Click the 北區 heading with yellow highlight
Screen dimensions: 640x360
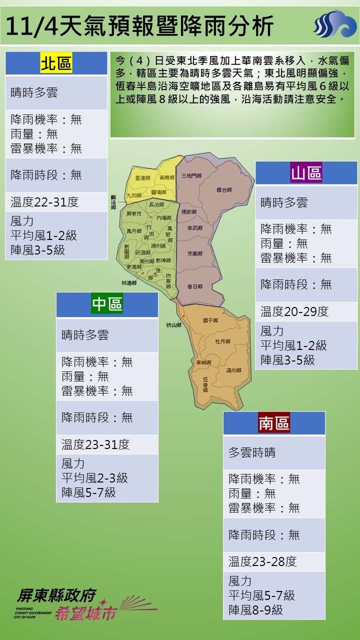[x=56, y=63]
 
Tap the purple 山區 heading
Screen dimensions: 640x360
[x=306, y=173]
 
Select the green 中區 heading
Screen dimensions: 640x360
[x=107, y=304]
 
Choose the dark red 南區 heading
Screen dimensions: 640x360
[x=274, y=423]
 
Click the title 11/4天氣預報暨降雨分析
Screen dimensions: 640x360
[x=141, y=25]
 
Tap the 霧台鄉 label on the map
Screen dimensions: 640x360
[x=224, y=190]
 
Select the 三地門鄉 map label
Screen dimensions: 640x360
[x=191, y=175]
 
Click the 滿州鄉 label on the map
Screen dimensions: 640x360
[x=233, y=370]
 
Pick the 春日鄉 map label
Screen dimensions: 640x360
[x=194, y=286]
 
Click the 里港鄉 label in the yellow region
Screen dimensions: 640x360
[x=142, y=178]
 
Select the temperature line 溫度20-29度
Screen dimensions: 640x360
[x=294, y=311]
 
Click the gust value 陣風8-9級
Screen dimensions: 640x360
[x=255, y=610]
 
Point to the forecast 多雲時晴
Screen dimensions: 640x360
[x=252, y=452]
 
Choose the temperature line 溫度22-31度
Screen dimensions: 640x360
[x=45, y=202]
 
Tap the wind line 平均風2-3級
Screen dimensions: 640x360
[x=94, y=478]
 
